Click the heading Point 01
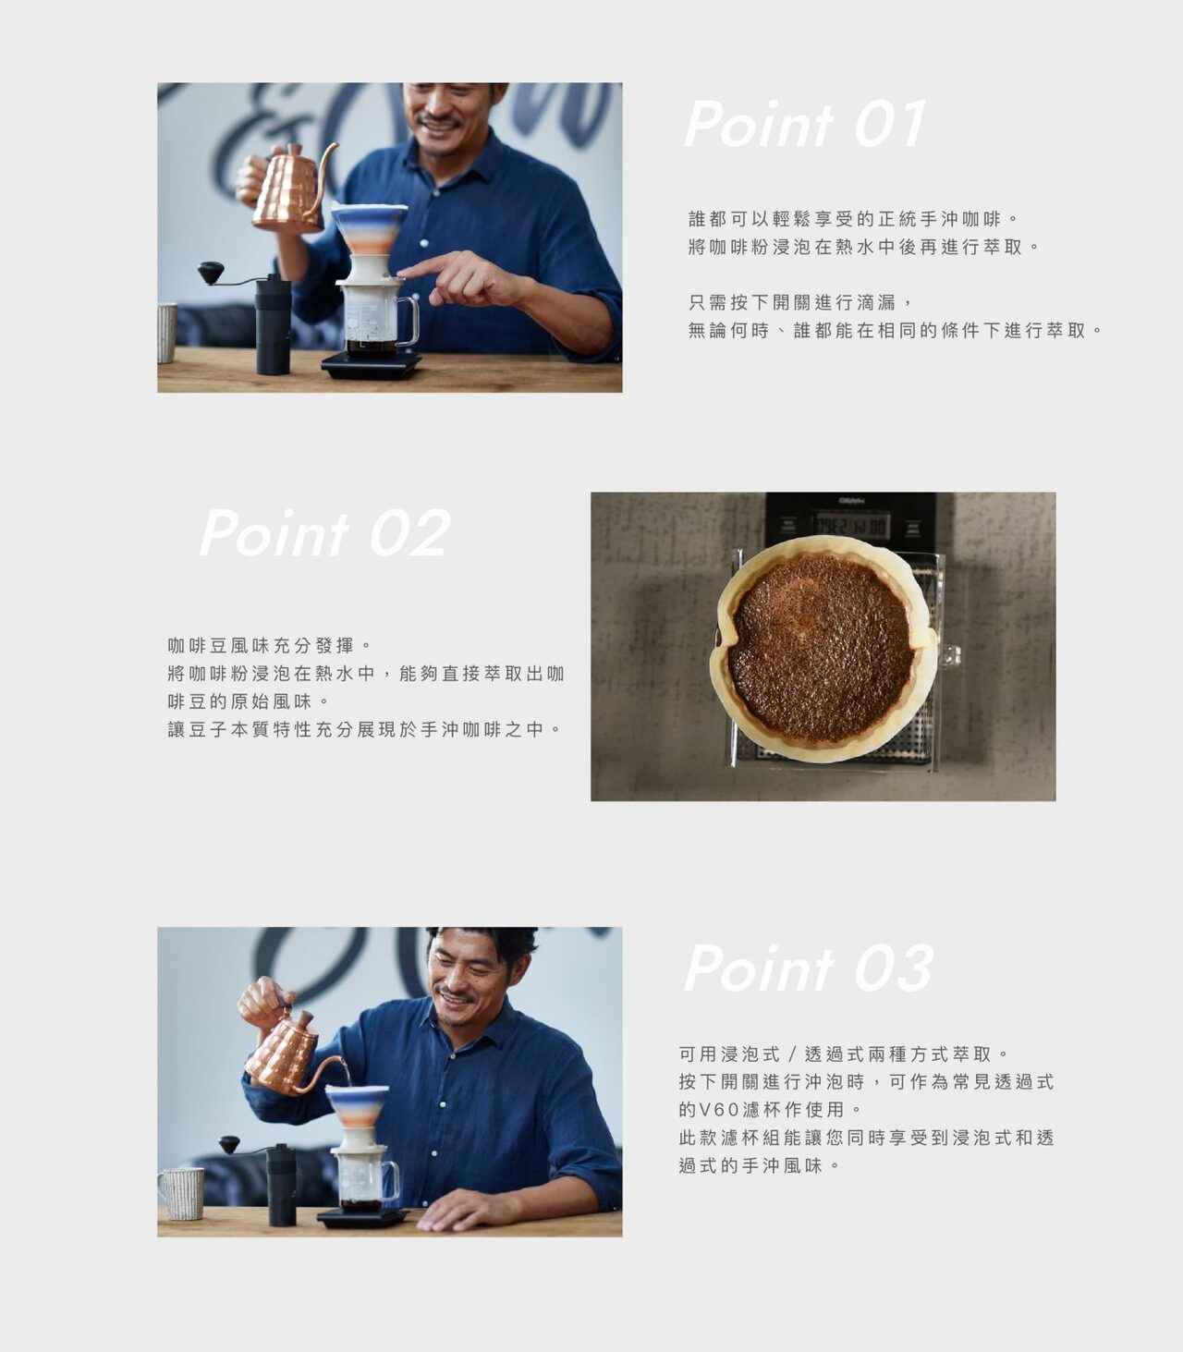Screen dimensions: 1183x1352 (805, 124)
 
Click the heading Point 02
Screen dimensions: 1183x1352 (325, 532)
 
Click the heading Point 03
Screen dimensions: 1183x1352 (809, 968)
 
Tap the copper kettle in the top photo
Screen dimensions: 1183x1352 (284, 189)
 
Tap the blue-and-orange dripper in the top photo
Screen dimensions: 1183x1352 (369, 228)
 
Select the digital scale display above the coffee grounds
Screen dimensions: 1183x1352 (850, 526)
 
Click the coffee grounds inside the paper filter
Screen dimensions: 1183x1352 (821, 651)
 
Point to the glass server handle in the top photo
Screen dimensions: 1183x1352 (408, 322)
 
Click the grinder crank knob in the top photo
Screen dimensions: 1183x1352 (211, 272)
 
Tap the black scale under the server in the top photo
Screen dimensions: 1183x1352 (372, 364)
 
